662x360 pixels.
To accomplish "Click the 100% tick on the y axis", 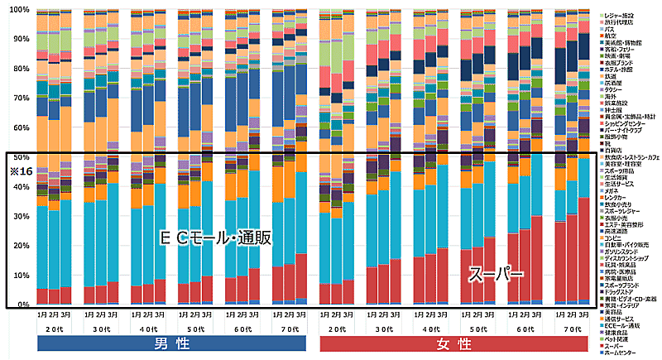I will (x=19, y=9).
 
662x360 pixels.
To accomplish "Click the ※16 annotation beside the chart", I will (x=18, y=170).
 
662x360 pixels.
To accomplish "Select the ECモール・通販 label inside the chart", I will (x=217, y=238).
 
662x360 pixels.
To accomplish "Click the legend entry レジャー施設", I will (x=625, y=17).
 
